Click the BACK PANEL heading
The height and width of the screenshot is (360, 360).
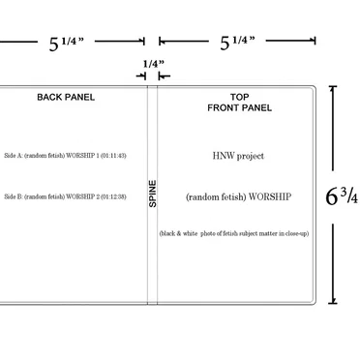click(x=66, y=97)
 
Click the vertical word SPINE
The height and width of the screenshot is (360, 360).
click(x=153, y=194)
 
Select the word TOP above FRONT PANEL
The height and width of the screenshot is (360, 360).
click(x=239, y=97)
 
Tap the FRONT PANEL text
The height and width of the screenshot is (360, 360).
click(x=239, y=107)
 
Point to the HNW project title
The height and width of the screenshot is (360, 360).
click(x=238, y=156)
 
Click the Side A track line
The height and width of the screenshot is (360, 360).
click(x=65, y=156)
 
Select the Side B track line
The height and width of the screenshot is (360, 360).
click(x=65, y=196)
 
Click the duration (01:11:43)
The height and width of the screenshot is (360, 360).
click(x=113, y=156)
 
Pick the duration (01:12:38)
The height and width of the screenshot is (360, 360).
click(x=113, y=196)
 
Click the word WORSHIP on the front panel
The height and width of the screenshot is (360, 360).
click(x=270, y=196)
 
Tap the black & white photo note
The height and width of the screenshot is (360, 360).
click(x=234, y=233)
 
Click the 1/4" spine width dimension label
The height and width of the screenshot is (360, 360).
click(x=154, y=64)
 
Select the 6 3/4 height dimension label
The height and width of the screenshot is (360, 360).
click(x=342, y=196)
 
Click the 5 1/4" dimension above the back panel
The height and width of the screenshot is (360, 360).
click(x=66, y=43)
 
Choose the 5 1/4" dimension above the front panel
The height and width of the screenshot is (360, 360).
click(x=237, y=43)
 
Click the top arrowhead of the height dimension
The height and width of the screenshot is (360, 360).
click(x=333, y=88)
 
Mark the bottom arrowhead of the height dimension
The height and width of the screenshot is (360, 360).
click(x=333, y=301)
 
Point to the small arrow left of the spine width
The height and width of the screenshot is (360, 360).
click(x=141, y=76)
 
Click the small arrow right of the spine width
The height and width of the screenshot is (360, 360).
click(x=164, y=76)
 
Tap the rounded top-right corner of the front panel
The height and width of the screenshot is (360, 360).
click(x=314, y=88)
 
